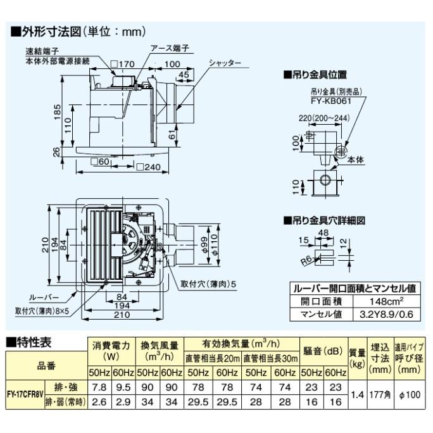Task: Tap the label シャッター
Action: pyautogui.click(x=225, y=63)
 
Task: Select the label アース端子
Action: pyautogui.click(x=170, y=48)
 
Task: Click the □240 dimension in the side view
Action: pyautogui.click(x=149, y=168)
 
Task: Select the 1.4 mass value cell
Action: pyautogui.click(x=357, y=394)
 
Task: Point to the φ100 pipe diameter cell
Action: pyautogui.click(x=409, y=394)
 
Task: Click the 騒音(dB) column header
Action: pyautogui.click(x=323, y=351)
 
